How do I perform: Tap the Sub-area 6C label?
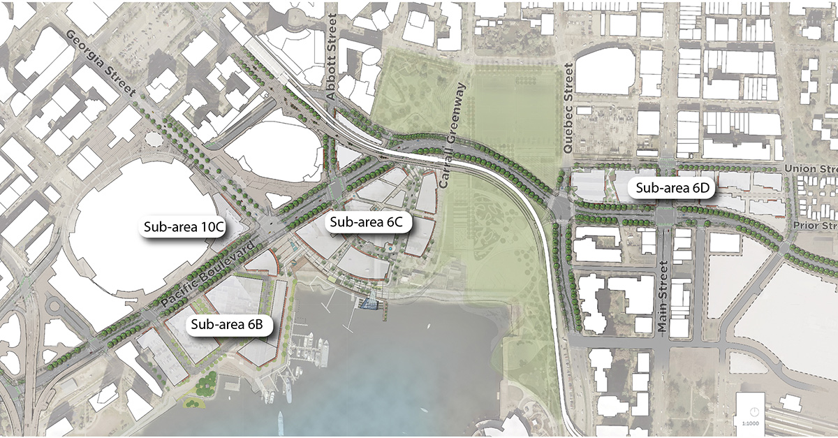click(370, 223)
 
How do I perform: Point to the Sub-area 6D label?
click(671, 187)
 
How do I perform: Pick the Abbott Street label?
click(333, 63)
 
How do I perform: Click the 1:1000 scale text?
click(751, 423)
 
